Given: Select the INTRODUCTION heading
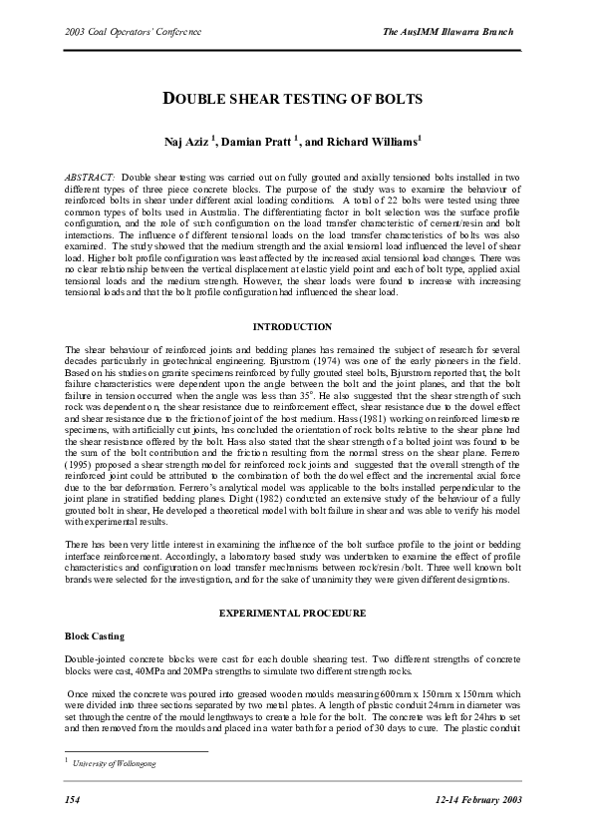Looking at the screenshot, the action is click(x=292, y=326).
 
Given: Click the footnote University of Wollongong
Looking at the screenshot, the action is click(x=115, y=763).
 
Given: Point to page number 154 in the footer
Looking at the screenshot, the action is click(x=72, y=800).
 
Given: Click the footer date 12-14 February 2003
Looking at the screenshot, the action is click(x=478, y=800).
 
